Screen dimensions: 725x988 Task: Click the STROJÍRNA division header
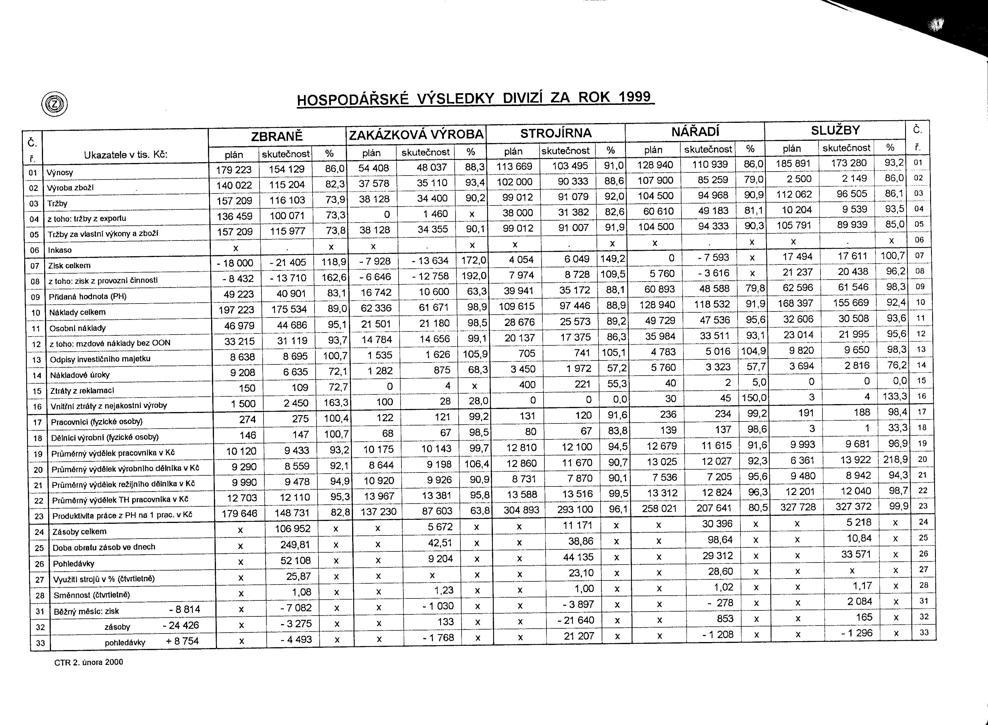click(x=556, y=133)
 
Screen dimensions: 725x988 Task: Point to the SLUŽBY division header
click(x=835, y=130)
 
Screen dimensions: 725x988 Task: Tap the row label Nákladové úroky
click(x=79, y=375)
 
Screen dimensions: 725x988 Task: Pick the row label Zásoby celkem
click(x=79, y=531)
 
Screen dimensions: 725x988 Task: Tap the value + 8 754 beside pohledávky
click(x=183, y=641)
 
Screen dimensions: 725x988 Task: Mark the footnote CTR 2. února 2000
click(x=89, y=662)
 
